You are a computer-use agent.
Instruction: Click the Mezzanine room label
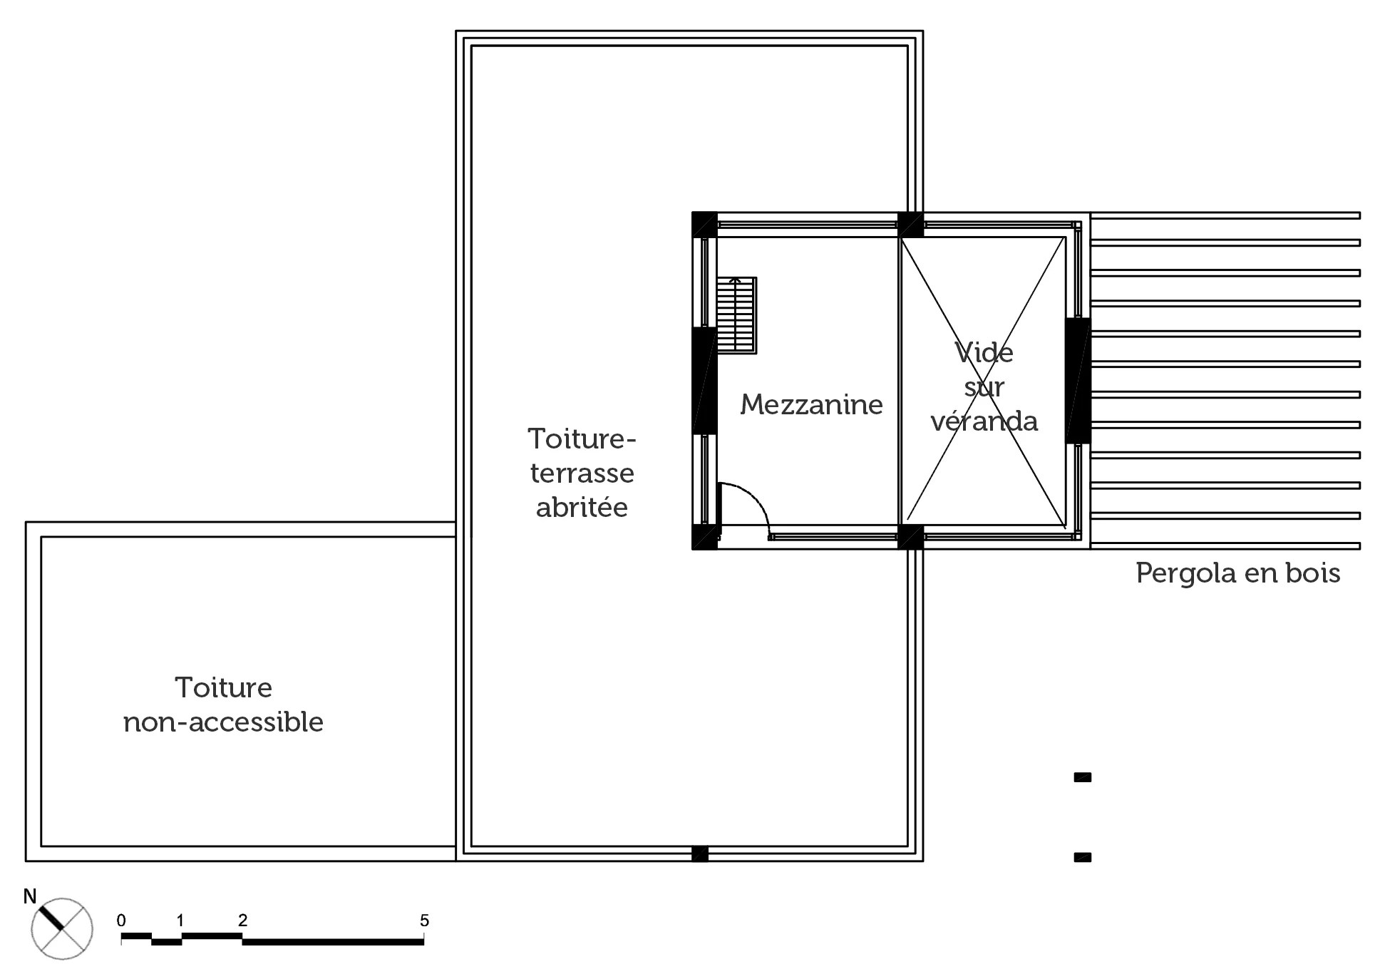tap(811, 405)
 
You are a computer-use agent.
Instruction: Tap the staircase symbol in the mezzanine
tap(736, 315)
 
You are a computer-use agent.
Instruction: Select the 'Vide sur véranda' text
tap(984, 387)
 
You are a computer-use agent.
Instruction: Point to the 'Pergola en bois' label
tap(1237, 573)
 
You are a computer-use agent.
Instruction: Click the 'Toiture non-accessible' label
tap(223, 705)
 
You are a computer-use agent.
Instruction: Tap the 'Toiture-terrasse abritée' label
tap(582, 473)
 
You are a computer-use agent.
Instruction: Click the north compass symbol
tap(62, 928)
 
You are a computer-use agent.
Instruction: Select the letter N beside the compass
tap(30, 897)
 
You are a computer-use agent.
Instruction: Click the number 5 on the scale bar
tap(424, 921)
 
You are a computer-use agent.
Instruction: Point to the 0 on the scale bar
tap(121, 921)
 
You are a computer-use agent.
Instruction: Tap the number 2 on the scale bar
tap(242, 921)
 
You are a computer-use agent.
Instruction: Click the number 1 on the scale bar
tap(180, 921)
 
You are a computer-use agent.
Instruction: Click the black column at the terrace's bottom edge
tap(700, 854)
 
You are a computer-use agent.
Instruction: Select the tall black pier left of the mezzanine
tap(704, 380)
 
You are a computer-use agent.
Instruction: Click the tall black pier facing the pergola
tap(1078, 380)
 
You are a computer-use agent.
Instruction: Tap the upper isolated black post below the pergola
tap(1083, 778)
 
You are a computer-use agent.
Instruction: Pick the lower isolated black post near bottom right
tap(1083, 858)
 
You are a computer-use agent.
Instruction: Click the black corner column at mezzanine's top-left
tap(704, 225)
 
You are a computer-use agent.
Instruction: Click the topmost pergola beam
tap(1225, 215)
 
